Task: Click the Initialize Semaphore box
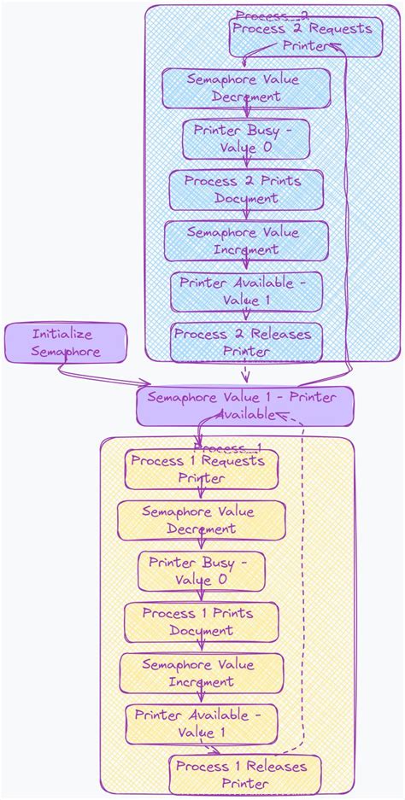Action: point(65,342)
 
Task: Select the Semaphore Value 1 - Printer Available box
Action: point(245,406)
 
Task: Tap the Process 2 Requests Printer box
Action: point(305,37)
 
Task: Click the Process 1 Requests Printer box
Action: point(202,470)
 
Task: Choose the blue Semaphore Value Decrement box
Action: point(246,88)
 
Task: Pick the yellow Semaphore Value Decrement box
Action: point(201,520)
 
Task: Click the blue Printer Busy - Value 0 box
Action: point(246,139)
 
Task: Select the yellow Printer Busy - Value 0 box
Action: point(201,571)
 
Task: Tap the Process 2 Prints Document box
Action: point(246,190)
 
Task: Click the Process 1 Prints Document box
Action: point(201,622)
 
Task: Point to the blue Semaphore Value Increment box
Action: point(246,241)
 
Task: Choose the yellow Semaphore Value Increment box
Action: point(201,673)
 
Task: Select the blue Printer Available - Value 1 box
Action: point(246,292)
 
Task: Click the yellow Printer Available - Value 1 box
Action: point(201,724)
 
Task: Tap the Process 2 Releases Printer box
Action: point(246,342)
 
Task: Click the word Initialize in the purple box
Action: point(62,334)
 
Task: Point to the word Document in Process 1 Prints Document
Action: point(201,631)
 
